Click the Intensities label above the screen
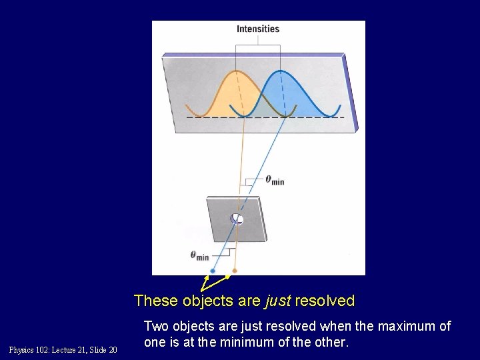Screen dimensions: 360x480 tap(258, 29)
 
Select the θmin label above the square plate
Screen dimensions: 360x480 tap(275, 179)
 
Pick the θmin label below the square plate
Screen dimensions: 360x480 tap(199, 255)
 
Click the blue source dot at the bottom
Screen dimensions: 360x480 tap(212, 271)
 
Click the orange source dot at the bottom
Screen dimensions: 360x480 tap(234, 271)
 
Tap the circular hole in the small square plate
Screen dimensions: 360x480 tap(237, 219)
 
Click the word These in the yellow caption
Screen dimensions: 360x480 tap(155, 301)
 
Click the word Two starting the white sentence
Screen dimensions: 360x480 tap(157, 327)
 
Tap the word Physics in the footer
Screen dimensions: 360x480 tap(22, 350)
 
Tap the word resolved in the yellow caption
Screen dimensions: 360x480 tap(325, 301)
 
